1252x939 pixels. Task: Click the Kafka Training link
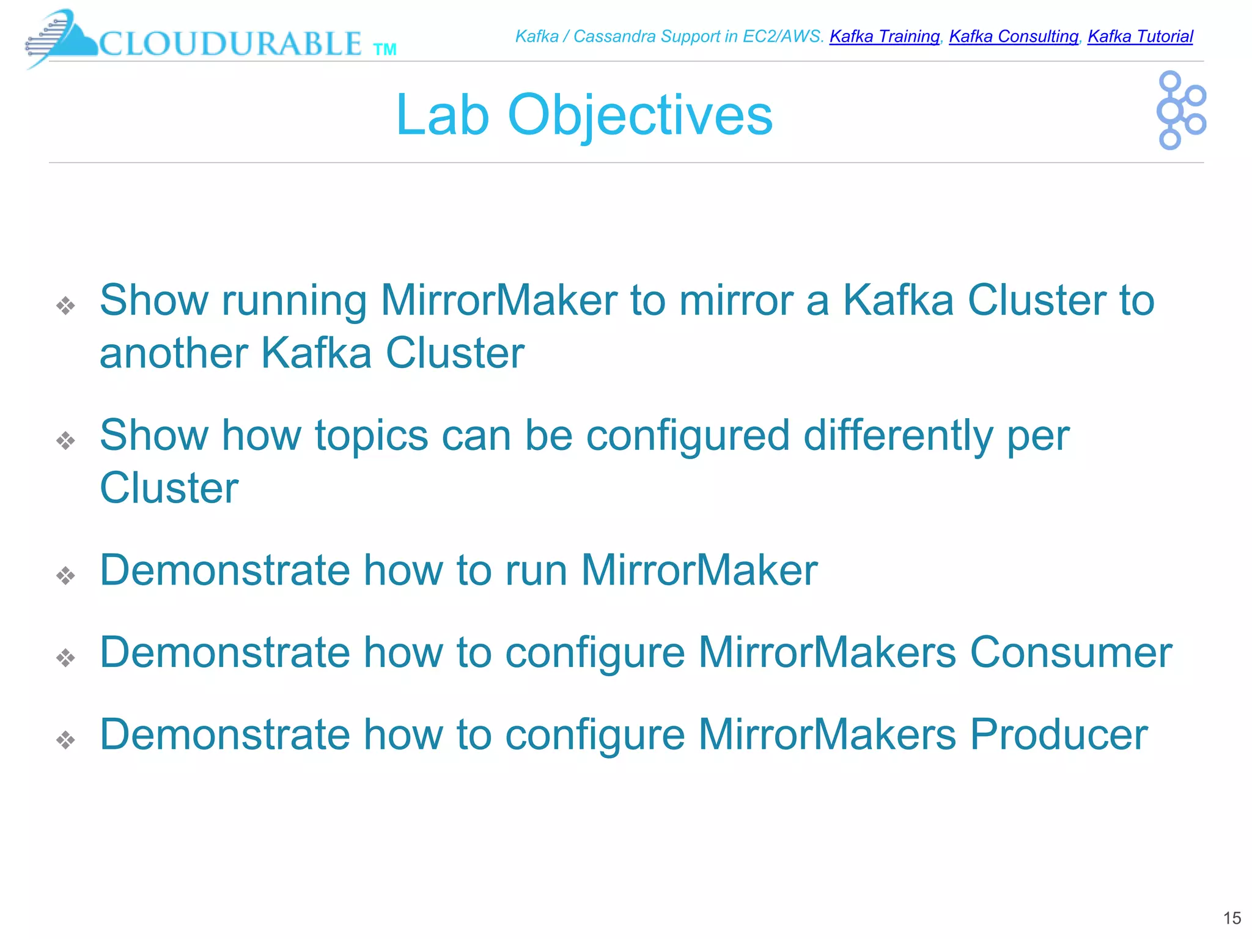tap(884, 37)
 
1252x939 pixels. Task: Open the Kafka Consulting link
tap(1013, 37)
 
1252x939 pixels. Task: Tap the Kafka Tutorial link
tap(1140, 37)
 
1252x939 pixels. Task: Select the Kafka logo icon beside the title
tap(1180, 110)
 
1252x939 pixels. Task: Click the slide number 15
tap(1232, 918)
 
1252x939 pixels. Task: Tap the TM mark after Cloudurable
tap(385, 50)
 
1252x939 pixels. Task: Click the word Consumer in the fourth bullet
tap(1070, 652)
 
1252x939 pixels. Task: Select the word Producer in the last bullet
tap(1058, 734)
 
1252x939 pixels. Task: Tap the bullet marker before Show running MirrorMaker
tap(65, 305)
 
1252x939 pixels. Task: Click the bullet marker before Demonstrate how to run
tap(65, 575)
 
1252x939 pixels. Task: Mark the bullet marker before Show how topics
tap(65, 440)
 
